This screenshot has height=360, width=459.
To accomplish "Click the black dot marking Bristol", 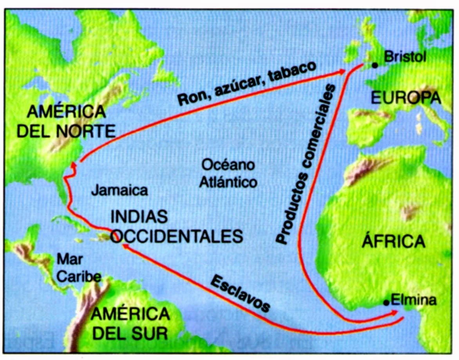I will pyautogui.click(x=375, y=65).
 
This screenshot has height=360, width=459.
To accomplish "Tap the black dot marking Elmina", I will pyautogui.click(x=387, y=302).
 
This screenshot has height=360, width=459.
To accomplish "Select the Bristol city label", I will pyautogui.click(x=404, y=57).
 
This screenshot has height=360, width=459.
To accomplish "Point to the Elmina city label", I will pyautogui.click(x=413, y=300).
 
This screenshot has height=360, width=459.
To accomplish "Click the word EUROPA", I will pyautogui.click(x=406, y=97).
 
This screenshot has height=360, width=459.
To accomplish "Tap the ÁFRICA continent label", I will pyautogui.click(x=393, y=241).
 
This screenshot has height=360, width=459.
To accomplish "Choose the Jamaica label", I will pyautogui.click(x=119, y=191).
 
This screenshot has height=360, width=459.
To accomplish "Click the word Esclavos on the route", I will pyautogui.click(x=240, y=293).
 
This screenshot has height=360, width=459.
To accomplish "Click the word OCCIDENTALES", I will pyautogui.click(x=176, y=236).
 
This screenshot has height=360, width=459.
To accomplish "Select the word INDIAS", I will pyautogui.click(x=139, y=216).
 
